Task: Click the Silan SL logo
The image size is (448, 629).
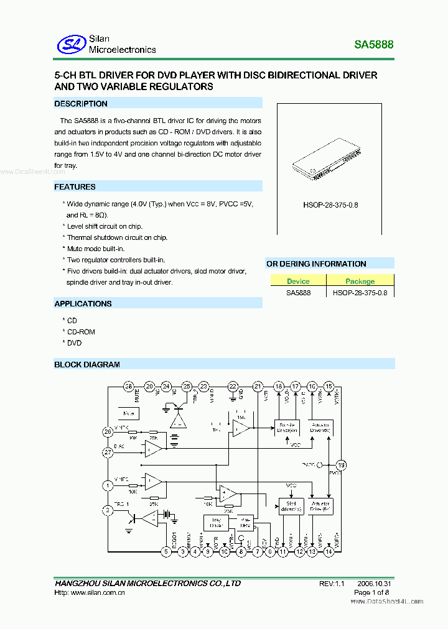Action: pos(70,44)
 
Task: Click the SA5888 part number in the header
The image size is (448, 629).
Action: pos(373,45)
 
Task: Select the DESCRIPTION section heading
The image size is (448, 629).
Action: pos(81,104)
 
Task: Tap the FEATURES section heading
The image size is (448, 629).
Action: pos(75,186)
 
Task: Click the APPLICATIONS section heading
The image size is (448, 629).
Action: pos(83,303)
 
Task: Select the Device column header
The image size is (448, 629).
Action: pos(298,281)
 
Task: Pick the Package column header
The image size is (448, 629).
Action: pos(360,281)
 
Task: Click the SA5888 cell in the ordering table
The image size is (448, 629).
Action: pos(298,292)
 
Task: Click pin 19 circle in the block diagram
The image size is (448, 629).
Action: pos(340,465)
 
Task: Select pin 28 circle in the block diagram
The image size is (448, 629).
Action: pos(129,387)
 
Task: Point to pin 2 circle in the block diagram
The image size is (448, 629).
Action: pos(108,510)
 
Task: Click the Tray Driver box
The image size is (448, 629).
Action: pos(216,523)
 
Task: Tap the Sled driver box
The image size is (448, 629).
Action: pos(291,506)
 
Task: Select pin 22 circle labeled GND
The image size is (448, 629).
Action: pos(233,387)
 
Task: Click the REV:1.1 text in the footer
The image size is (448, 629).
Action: pos(331,584)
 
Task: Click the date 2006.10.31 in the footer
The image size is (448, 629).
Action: pos(374,584)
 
